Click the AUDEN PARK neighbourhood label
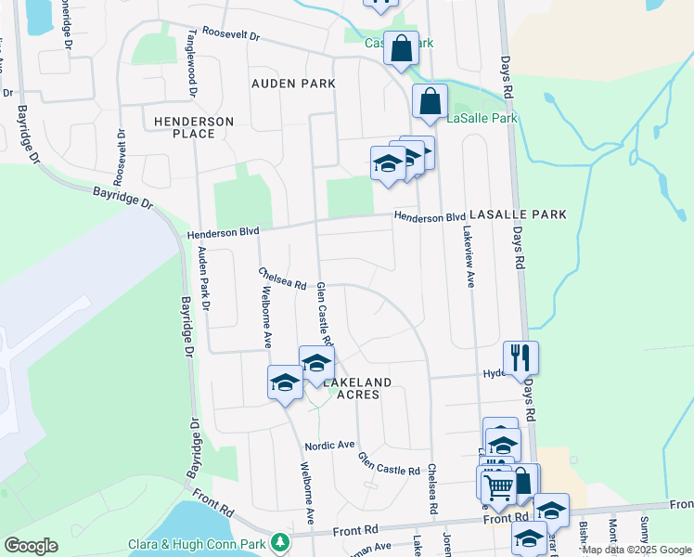[293, 84]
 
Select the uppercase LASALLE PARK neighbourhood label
[517, 214]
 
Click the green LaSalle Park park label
[482, 119]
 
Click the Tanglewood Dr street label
[193, 68]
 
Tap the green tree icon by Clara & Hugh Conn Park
[279, 542]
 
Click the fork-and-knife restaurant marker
[520, 358]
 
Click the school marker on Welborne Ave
[286, 382]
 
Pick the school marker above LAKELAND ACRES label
[316, 362]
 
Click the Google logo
[31, 545]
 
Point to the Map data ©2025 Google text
[636, 550]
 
